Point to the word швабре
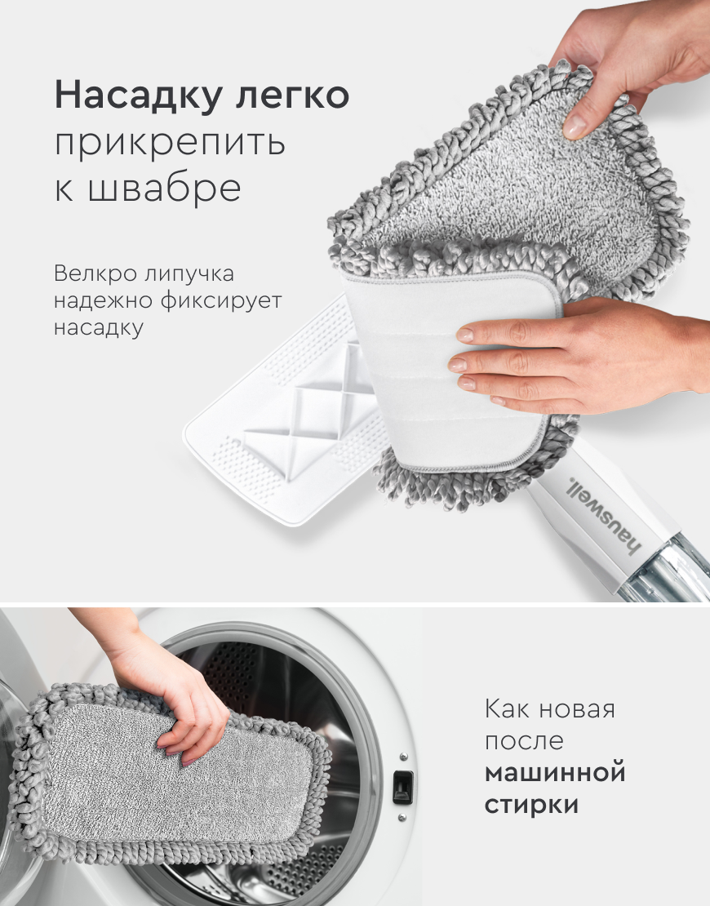(x=165, y=187)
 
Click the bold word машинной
(x=555, y=772)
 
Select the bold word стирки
(x=531, y=805)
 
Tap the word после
(x=524, y=741)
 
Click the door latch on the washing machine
(x=402, y=787)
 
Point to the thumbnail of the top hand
(x=575, y=127)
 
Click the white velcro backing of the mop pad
(x=448, y=370)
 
